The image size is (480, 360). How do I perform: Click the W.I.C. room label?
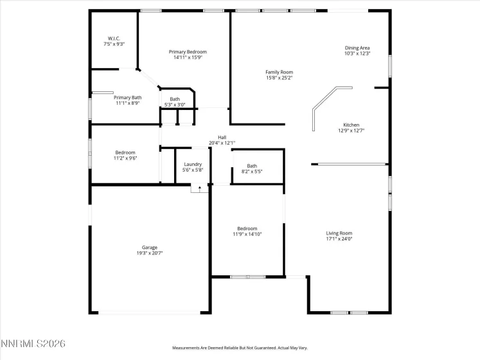point(114,38)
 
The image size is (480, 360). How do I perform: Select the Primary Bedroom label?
point(188,51)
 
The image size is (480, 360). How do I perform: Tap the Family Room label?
point(279,72)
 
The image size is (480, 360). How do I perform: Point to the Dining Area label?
point(357,48)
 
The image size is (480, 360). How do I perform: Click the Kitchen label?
point(351,125)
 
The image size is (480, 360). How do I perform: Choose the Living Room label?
point(339,233)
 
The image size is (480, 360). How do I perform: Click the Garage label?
point(150,248)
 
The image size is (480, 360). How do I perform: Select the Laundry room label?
point(193,165)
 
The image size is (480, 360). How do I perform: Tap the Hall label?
point(222,137)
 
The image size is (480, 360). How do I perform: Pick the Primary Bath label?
point(128,98)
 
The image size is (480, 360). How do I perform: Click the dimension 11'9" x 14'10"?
point(247,234)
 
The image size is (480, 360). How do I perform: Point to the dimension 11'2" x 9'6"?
point(125,158)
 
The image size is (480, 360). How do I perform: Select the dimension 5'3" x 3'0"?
point(175,105)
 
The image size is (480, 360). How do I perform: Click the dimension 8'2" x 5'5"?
point(251,172)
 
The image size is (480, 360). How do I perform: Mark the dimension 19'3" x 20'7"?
point(150,253)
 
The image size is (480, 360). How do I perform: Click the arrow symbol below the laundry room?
point(200,188)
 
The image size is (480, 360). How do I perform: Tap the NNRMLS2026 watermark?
point(33,345)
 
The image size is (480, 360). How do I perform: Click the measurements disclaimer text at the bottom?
point(239,348)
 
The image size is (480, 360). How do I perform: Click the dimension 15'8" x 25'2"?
point(279,78)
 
